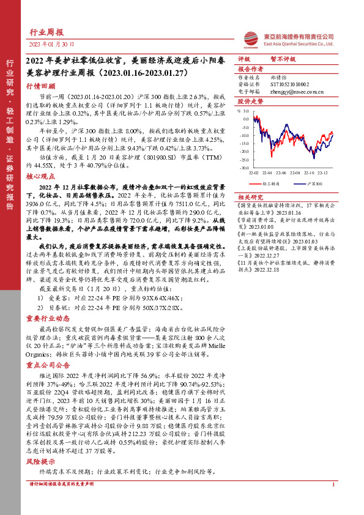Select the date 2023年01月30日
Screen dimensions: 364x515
pyautogui.click(x=52, y=45)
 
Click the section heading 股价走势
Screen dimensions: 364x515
pyautogui.click(x=250, y=101)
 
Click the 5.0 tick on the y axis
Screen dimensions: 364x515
pyautogui.click(x=245, y=111)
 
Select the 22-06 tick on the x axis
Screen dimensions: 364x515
pyautogui.click(x=284, y=174)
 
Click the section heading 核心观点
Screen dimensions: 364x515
pyautogui.click(x=41, y=176)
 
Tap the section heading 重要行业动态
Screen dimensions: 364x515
pyautogui.click(x=45, y=318)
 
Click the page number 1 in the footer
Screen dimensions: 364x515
pyautogui.click(x=333, y=484)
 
